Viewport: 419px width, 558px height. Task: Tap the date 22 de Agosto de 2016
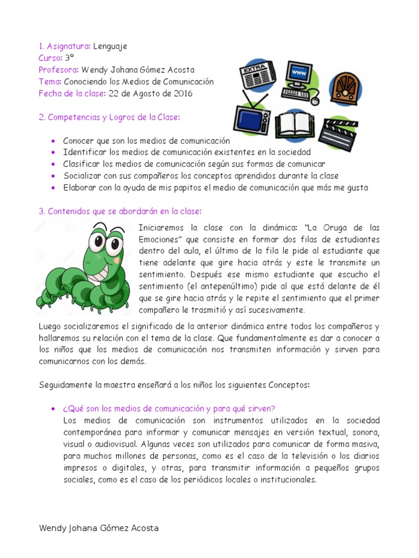coord(151,93)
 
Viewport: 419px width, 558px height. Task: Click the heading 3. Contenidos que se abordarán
coord(120,211)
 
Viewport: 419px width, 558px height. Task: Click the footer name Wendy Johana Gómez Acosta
coord(99,528)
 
